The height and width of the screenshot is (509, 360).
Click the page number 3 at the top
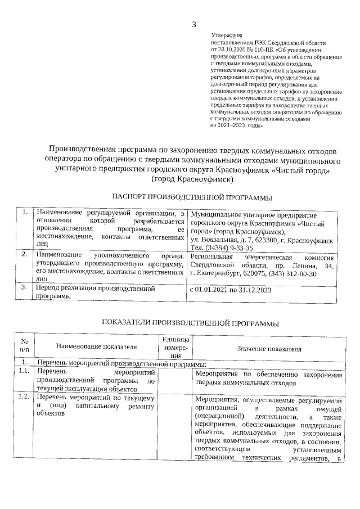tap(195, 24)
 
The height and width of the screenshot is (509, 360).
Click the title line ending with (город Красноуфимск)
tap(192, 179)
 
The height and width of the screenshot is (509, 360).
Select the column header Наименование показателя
tap(97, 348)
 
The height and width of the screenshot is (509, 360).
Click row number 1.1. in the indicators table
tap(24, 372)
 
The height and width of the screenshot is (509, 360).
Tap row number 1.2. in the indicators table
tap(24, 398)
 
